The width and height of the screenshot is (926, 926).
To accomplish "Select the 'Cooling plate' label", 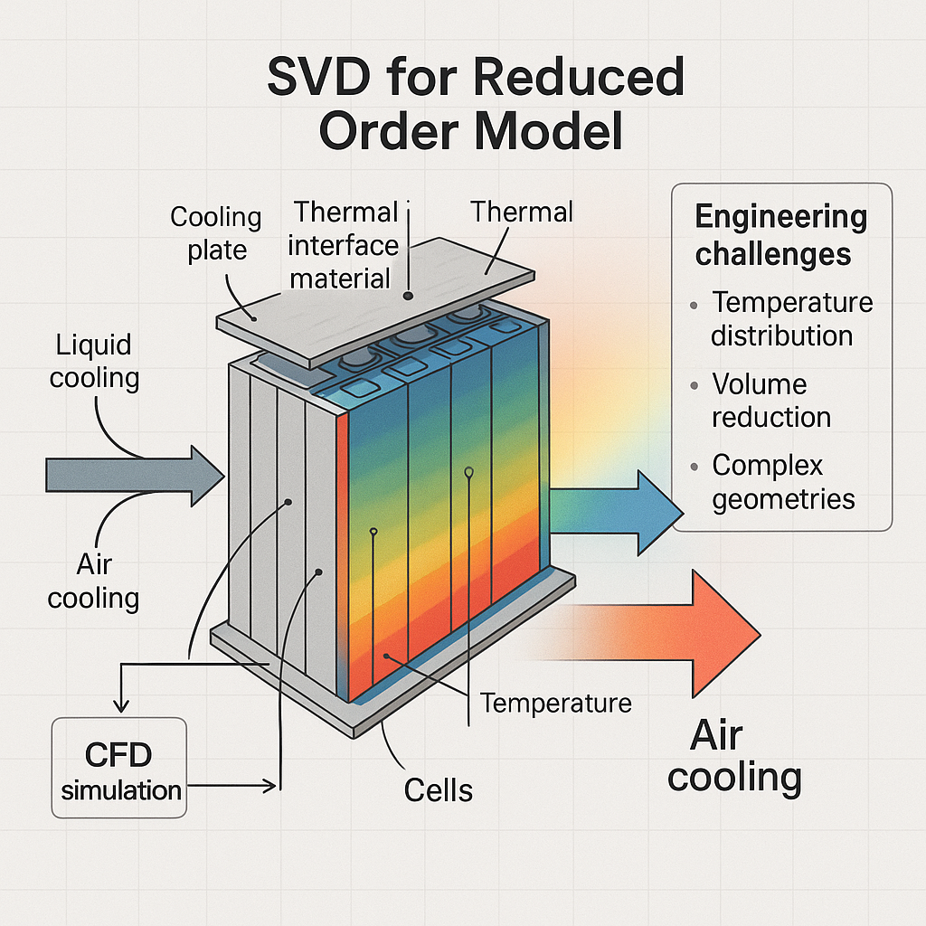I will [x=215, y=233].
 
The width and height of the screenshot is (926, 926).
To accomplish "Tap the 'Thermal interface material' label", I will [x=345, y=244].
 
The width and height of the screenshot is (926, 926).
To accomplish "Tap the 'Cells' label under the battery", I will [x=438, y=789].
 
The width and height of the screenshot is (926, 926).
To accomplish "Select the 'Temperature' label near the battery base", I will [x=555, y=702].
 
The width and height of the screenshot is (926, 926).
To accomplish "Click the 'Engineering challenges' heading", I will [x=780, y=235].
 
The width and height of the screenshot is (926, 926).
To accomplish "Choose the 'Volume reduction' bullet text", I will [x=770, y=401].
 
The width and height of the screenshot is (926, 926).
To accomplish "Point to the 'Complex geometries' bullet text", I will [x=782, y=482].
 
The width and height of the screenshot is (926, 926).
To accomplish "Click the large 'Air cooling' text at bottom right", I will [x=733, y=756].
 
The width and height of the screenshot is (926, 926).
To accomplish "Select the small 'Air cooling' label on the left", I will [x=93, y=581].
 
